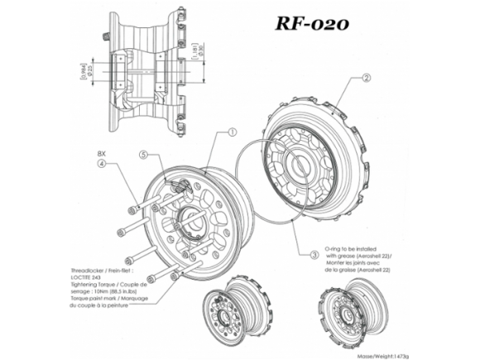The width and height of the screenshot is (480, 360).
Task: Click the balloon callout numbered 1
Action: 233,132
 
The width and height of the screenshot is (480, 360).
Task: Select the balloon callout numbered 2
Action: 365,80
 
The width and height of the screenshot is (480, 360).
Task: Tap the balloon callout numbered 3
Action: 314,254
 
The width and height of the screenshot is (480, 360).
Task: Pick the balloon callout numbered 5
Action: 143,155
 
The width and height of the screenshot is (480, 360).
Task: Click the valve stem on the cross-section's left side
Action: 106,36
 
